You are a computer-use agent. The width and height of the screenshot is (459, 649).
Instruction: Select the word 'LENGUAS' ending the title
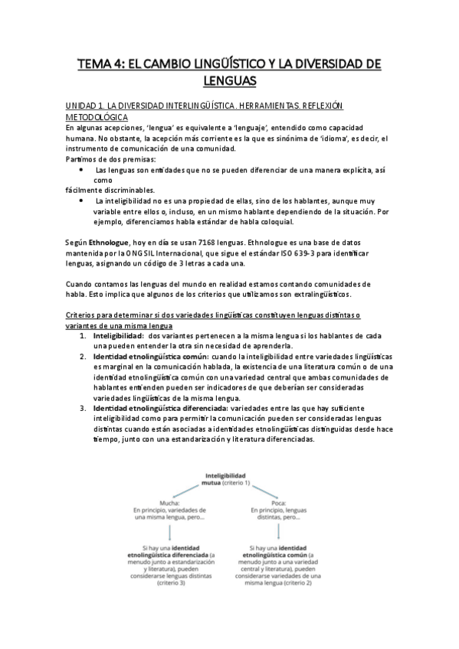coord(229,80)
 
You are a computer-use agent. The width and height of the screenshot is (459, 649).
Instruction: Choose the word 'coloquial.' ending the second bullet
coord(270,222)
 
